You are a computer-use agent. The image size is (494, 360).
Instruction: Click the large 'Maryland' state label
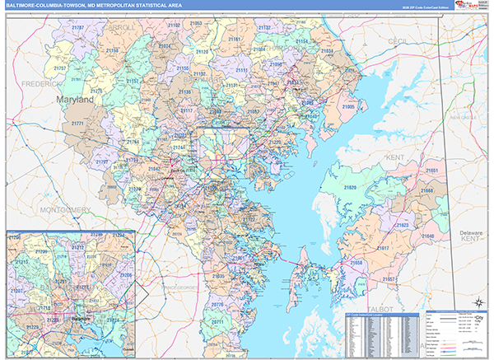75,100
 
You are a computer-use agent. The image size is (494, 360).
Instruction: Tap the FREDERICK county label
41,84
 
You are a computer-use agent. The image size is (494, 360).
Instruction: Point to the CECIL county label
398,40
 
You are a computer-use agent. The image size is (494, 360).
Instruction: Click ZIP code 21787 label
77,27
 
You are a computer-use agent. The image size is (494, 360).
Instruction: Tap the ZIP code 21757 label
60,68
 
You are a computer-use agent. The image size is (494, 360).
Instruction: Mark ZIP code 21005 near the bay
348,107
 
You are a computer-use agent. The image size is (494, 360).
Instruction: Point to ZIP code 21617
383,247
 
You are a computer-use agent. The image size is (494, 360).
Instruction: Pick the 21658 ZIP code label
356,263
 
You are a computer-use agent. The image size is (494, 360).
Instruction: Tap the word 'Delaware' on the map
472,234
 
